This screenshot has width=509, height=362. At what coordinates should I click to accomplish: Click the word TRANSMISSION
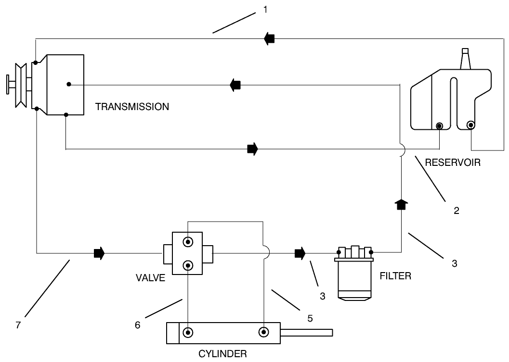coord(132,107)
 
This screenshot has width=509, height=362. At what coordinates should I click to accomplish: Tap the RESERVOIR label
coord(452,162)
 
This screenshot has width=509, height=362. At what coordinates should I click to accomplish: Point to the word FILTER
coord(395,276)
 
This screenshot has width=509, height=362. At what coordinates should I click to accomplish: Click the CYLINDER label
coord(222,354)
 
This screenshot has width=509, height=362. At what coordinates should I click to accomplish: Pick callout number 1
coord(265,9)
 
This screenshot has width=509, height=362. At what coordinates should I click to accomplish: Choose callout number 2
coord(456,210)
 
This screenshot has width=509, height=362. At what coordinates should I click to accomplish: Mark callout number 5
coord(310,318)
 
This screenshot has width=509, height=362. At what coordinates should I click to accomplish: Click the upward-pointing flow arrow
coord(401,204)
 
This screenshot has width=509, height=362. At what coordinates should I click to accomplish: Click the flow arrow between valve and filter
coord(300,252)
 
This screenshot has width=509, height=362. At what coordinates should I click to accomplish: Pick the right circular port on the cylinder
coord(263,332)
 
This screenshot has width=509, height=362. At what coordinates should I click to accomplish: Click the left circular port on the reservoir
coord(439,126)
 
